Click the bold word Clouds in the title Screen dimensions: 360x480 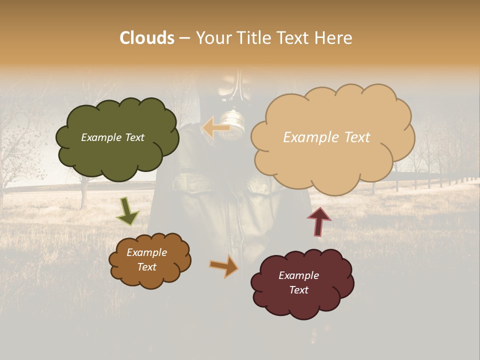[x=146, y=38]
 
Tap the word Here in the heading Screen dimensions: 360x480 [x=335, y=38]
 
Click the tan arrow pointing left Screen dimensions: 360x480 [x=216, y=128]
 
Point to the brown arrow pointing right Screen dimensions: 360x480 [x=224, y=266]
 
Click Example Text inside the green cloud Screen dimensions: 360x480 [x=112, y=137]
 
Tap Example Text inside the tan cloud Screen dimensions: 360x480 [x=326, y=137]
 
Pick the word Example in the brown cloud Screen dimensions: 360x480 [x=146, y=252]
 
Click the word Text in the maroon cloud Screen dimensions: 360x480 [x=298, y=290]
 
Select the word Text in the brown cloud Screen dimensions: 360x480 [x=146, y=267]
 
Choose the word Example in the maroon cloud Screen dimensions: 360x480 [x=298, y=275]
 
